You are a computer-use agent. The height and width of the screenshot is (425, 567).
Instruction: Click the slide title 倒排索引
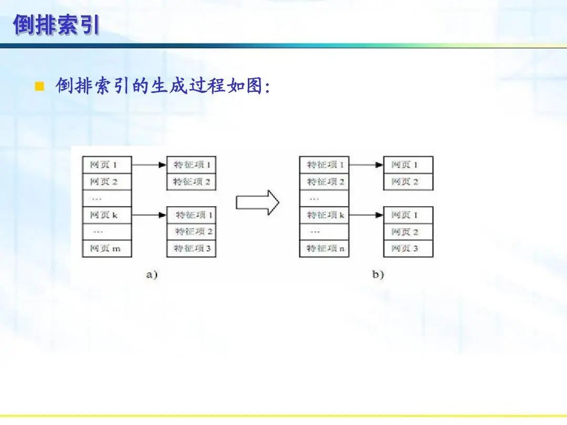pyautogui.click(x=56, y=25)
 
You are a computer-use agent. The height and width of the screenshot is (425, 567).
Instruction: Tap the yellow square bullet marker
pyautogui.click(x=38, y=87)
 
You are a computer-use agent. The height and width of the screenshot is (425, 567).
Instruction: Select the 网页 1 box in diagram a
pyautogui.click(x=107, y=165)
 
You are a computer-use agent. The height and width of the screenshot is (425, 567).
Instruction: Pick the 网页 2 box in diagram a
pyautogui.click(x=107, y=182)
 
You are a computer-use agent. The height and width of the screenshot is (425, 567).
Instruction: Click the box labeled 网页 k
pyautogui.click(x=107, y=215)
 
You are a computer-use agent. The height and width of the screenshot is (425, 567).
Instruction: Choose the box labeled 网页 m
pyautogui.click(x=107, y=248)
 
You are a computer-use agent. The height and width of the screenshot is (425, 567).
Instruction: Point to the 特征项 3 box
pyautogui.click(x=192, y=248)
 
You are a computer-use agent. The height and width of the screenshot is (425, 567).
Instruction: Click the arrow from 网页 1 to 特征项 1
pyautogui.click(x=149, y=165)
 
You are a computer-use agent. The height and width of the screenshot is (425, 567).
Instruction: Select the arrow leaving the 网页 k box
pyautogui.click(x=149, y=215)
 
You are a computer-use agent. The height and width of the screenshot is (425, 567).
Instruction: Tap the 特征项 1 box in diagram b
pyautogui.click(x=324, y=165)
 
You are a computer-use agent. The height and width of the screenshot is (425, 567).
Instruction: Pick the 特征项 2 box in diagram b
pyautogui.click(x=324, y=182)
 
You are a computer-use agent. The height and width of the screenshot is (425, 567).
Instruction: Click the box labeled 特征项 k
pyautogui.click(x=324, y=215)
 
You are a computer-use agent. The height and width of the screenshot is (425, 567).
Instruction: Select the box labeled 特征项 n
pyautogui.click(x=324, y=248)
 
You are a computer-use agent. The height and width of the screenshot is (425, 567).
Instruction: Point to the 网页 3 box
pyautogui.click(x=408, y=248)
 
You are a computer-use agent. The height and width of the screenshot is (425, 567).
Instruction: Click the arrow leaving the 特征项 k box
pyautogui.click(x=366, y=215)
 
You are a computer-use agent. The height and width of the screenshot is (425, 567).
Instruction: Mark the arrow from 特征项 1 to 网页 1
pyautogui.click(x=366, y=165)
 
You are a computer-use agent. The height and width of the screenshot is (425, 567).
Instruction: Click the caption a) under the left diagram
pyautogui.click(x=151, y=274)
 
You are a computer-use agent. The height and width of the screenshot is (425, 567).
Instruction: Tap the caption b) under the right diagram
pyautogui.click(x=378, y=274)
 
